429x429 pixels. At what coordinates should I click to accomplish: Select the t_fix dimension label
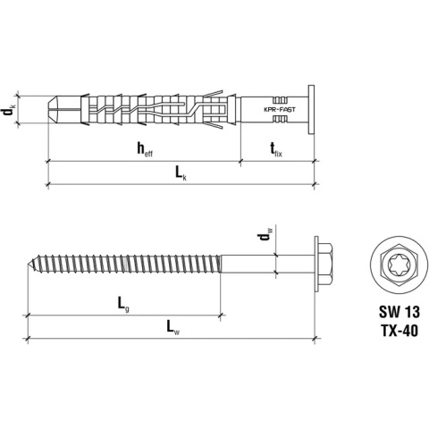(x=276, y=150)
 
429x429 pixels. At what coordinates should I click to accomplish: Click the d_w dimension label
(x=261, y=237)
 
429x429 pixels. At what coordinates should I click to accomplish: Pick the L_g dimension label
(x=123, y=305)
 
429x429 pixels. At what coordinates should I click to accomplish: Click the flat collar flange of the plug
(x=307, y=109)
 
